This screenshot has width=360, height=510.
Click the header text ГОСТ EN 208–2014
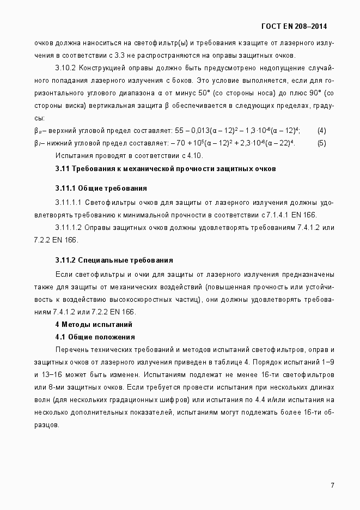294,26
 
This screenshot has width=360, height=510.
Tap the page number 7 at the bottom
332,485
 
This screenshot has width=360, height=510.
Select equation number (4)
321,130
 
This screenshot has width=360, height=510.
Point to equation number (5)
321,143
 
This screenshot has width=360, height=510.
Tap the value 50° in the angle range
203,92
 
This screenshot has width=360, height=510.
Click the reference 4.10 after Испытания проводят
195,155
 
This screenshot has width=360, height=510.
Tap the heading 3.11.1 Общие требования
101,189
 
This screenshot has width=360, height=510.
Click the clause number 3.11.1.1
68,202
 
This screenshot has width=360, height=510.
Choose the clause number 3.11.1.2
68,227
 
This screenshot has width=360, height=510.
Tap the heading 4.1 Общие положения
95,337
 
